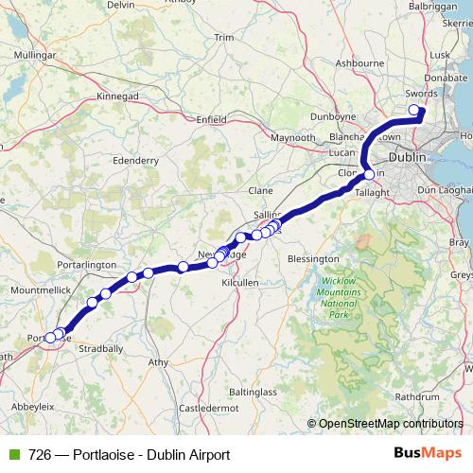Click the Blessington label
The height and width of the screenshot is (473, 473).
click(x=313, y=258)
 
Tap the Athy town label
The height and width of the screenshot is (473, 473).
click(x=159, y=362)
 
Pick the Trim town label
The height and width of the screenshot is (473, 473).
click(x=224, y=38)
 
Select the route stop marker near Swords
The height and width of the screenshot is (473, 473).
click(x=413, y=111)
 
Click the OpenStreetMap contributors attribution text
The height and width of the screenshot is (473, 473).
click(x=391, y=424)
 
